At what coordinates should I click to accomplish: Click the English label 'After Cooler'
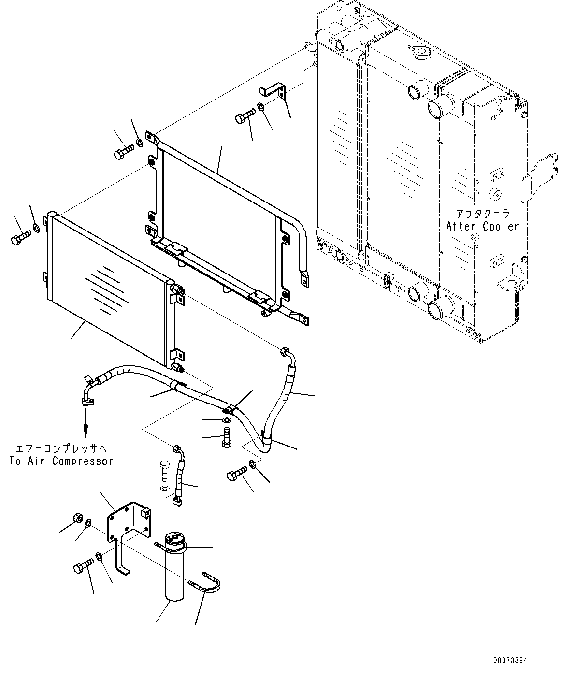[x=482, y=226]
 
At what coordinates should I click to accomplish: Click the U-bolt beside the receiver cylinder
[x=204, y=583]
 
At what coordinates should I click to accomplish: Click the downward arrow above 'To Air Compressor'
[x=86, y=423]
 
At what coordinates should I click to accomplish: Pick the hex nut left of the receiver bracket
[x=78, y=517]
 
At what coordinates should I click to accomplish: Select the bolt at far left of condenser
[x=21, y=237]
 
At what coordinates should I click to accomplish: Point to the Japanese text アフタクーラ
[x=483, y=214]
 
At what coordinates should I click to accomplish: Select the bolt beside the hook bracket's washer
[x=245, y=115]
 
